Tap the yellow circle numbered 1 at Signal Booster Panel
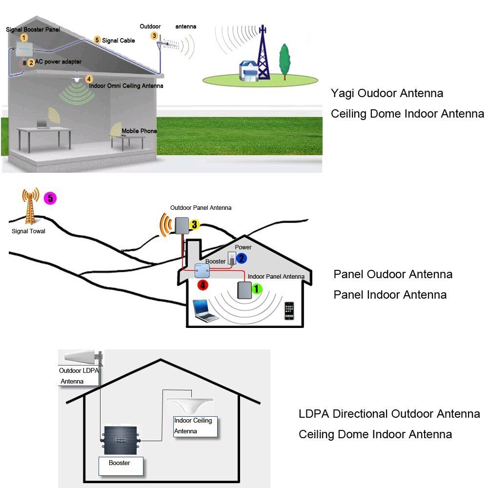pos(24,37)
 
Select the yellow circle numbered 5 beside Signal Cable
pos(97,40)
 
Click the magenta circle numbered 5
pos(50,198)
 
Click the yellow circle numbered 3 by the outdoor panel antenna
pos(194,224)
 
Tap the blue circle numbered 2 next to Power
pos(241,259)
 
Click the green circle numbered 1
pos(257,289)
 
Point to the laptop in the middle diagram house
pos(205,310)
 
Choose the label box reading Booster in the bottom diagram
pos(121,466)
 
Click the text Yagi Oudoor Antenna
pos(387,93)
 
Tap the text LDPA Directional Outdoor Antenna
pos(389,414)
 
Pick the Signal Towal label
pos(28,231)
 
